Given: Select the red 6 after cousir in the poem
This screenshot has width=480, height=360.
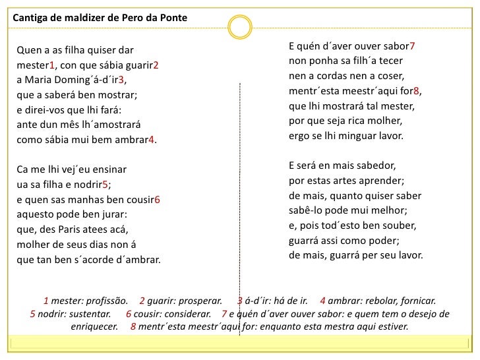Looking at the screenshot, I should (157, 199).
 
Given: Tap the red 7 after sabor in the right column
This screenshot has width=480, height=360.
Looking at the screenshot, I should (413, 47).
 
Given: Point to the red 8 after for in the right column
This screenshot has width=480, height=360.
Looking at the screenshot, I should (417, 92).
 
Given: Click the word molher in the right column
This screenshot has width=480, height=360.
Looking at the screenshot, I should (386, 121).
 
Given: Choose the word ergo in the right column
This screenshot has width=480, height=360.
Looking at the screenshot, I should (300, 136).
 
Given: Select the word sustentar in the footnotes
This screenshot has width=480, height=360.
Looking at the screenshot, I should (86, 314).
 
